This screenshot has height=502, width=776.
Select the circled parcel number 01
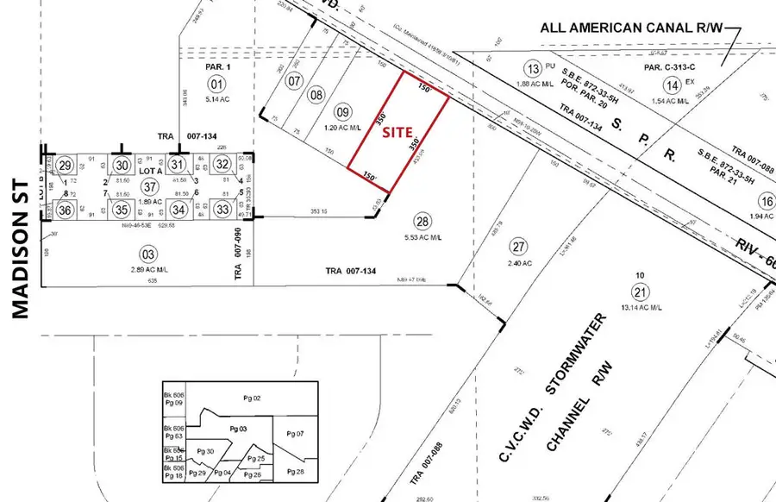(216, 84)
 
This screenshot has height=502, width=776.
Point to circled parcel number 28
(422, 221)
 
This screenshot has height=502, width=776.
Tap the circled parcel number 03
(149, 253)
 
